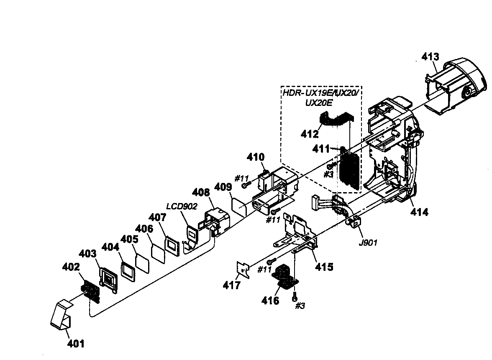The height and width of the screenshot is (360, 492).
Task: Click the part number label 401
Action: coord(76,344)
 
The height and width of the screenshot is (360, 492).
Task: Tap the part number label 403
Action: coord(88,254)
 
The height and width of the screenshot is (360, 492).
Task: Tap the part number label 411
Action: coord(322,149)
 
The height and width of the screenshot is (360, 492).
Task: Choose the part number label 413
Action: coord(430,57)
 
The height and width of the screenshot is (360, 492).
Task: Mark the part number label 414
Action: coord(419,212)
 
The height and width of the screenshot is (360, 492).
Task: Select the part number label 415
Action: coord(324,267)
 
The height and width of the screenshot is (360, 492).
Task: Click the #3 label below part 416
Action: coord(300,306)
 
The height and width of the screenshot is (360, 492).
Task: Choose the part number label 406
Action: coord(144,229)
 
